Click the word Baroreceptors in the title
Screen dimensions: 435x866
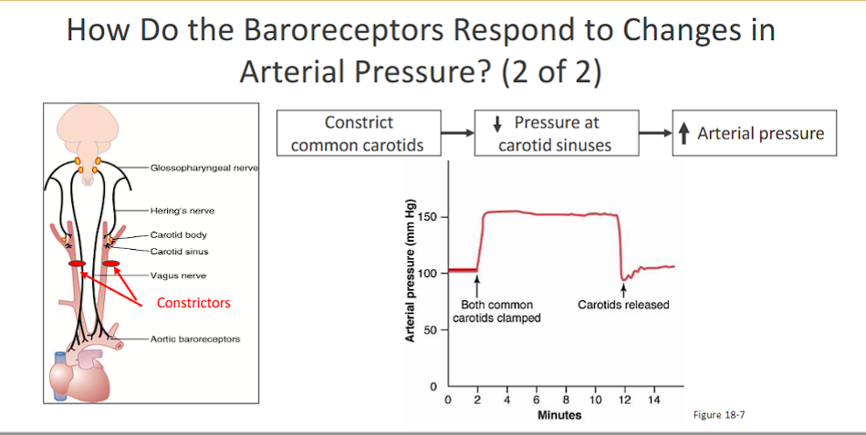pyautogui.click(x=369, y=31)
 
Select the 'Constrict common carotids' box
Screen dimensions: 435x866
pyautogui.click(x=359, y=133)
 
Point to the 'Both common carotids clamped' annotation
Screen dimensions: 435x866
pyautogui.click(x=496, y=311)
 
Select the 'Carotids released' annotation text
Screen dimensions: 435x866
pyautogui.click(x=623, y=304)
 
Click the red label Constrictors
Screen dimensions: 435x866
pyautogui.click(x=193, y=302)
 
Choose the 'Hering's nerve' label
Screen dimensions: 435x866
pyautogui.click(x=183, y=210)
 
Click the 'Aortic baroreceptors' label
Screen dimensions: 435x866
pyautogui.click(x=195, y=339)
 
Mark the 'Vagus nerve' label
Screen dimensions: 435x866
pyautogui.click(x=178, y=274)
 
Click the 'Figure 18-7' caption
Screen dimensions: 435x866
pyautogui.click(x=720, y=415)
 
